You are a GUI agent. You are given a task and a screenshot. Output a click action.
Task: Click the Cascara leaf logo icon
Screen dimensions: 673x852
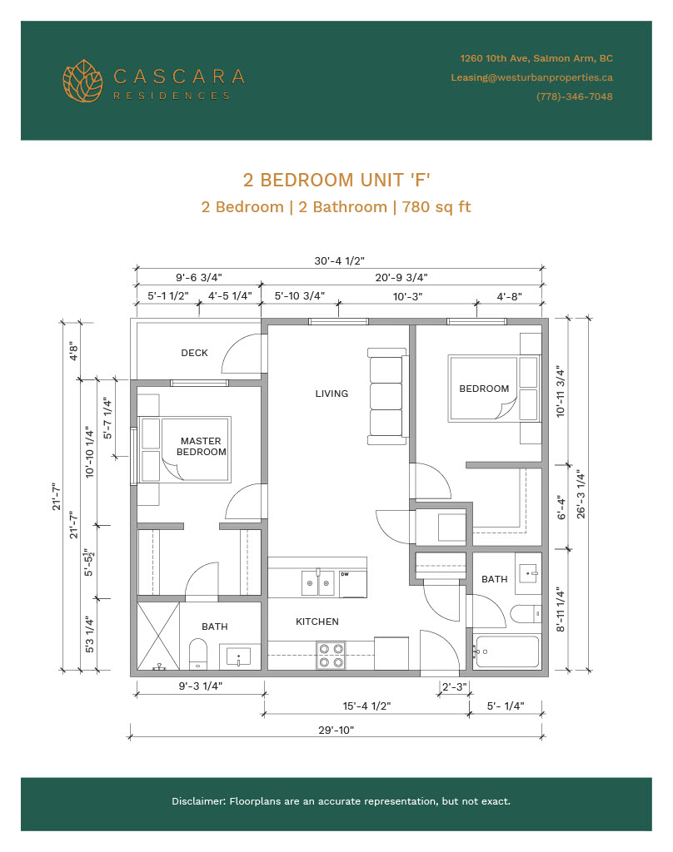pyautogui.click(x=82, y=81)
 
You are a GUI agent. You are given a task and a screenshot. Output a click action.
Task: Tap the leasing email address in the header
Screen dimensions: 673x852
pyautogui.click(x=531, y=77)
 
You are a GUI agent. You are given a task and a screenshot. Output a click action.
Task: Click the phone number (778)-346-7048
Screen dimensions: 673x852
pyautogui.click(x=574, y=97)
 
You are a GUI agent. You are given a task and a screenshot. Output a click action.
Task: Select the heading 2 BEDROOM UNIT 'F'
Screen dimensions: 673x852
pyautogui.click(x=336, y=180)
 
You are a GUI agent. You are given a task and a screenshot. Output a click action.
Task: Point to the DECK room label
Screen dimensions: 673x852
pyautogui.click(x=194, y=353)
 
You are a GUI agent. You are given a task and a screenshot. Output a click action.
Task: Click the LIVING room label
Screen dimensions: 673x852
pyautogui.click(x=332, y=394)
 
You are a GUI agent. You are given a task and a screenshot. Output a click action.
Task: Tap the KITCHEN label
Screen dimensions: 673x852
pyautogui.click(x=317, y=622)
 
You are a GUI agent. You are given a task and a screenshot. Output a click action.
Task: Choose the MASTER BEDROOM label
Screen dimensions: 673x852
pyautogui.click(x=202, y=446)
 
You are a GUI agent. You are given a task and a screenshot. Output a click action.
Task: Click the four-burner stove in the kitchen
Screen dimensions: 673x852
pyautogui.click(x=331, y=656)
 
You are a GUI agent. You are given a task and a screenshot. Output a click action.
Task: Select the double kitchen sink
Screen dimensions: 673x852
pyautogui.click(x=318, y=583)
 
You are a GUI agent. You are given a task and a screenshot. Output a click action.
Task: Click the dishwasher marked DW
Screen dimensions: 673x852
pyautogui.click(x=353, y=584)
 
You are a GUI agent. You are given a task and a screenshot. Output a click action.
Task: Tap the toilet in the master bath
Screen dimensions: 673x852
pyautogui.click(x=198, y=654)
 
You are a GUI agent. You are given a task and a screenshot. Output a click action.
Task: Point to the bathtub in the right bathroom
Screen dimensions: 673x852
pyautogui.click(x=506, y=651)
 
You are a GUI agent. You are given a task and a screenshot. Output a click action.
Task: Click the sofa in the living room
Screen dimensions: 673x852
pyautogui.click(x=387, y=397)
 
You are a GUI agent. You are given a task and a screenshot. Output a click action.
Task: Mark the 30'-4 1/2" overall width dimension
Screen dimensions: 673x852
pyautogui.click(x=340, y=260)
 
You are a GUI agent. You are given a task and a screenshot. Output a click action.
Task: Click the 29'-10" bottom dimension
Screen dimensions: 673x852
pyautogui.click(x=336, y=730)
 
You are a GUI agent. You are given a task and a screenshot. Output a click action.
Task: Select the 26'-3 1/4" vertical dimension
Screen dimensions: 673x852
pyautogui.click(x=581, y=494)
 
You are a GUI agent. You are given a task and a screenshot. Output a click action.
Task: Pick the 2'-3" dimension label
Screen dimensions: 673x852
pyautogui.click(x=454, y=686)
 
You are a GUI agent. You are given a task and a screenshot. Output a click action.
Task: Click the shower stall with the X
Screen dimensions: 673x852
pyautogui.click(x=158, y=636)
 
